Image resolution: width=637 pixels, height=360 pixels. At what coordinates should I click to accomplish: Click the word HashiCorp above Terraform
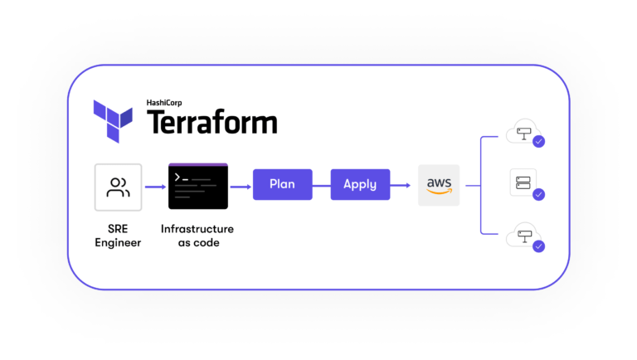tap(168, 102)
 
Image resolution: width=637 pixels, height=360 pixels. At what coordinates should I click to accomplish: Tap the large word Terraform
tap(212, 124)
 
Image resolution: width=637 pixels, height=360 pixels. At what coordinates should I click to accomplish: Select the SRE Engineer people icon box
tap(118, 187)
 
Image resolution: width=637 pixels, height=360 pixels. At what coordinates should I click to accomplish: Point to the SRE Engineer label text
tap(118, 236)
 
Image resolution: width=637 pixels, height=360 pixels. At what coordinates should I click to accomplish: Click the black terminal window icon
tap(198, 186)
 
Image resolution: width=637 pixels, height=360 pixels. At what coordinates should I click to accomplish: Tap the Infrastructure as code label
tap(198, 236)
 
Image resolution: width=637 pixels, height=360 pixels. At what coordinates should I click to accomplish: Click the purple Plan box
tap(282, 184)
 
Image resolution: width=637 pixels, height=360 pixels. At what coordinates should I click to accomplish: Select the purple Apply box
tap(360, 184)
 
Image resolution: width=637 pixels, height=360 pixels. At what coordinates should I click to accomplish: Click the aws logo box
tap(439, 185)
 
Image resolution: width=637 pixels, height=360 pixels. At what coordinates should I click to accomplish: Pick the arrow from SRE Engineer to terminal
tap(155, 187)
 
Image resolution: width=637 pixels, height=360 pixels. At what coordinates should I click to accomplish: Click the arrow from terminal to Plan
tap(241, 186)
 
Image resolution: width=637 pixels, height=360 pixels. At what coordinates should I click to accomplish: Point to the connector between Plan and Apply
tap(321, 185)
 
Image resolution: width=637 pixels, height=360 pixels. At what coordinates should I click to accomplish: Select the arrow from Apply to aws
tap(403, 185)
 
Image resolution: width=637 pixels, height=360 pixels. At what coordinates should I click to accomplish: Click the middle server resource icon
tap(523, 182)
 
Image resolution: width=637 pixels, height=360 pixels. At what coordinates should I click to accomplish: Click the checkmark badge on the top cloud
tap(538, 142)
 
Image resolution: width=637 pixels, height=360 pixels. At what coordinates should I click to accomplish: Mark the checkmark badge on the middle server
tap(538, 194)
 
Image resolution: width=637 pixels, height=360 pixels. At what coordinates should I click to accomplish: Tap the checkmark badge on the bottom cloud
tap(538, 246)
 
